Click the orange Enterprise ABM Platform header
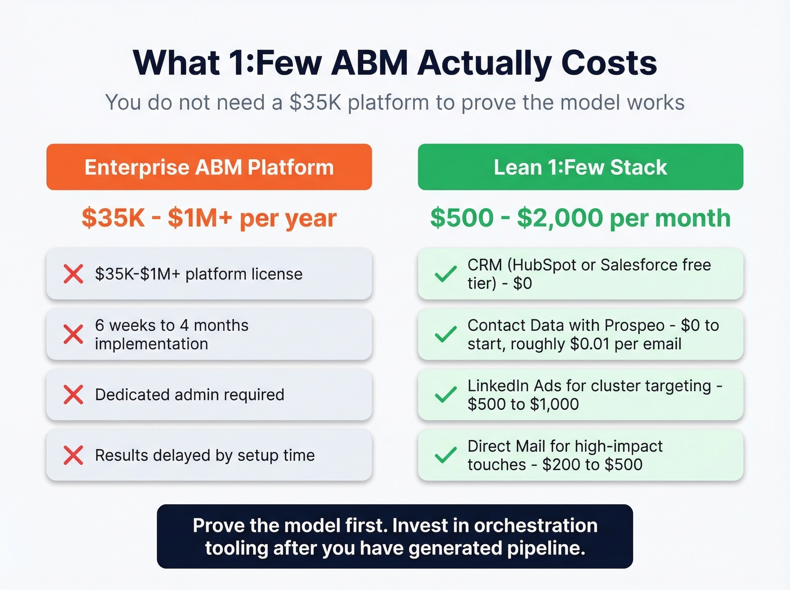209,167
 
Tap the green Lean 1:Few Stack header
580,167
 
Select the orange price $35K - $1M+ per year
209,218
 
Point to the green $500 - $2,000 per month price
580,218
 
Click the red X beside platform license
73,274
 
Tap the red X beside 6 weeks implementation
73,334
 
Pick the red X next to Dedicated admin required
73,395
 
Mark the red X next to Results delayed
73,455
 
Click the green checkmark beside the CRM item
445,274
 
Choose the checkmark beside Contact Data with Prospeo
445,334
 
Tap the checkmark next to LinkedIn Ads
445,395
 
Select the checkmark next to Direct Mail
445,455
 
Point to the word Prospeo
634,325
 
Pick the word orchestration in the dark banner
536,526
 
